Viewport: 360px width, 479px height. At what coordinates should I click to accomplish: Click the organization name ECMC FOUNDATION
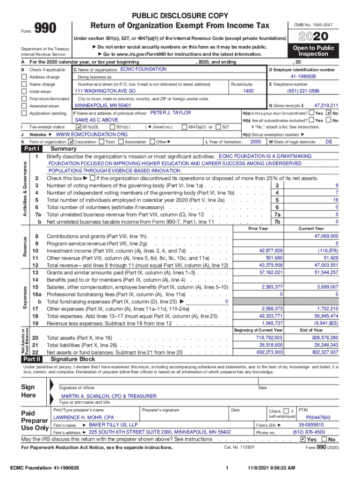pyautogui.click(x=144, y=69)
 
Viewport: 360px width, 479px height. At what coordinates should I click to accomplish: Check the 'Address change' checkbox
pyautogui.click(x=24, y=77)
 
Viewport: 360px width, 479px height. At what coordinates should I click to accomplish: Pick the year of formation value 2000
pyautogui.click(x=256, y=142)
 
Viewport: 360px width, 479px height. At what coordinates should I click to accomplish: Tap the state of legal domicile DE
pyautogui.click(x=328, y=142)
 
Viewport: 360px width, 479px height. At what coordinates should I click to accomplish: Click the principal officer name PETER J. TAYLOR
pyautogui.click(x=171, y=113)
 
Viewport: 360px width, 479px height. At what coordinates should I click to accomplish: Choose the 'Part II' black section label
pyautogui.click(x=32, y=359)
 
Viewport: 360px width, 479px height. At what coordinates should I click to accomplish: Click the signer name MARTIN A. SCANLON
pyautogui.click(x=109, y=396)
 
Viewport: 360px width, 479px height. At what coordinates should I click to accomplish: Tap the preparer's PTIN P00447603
pyautogui.click(x=318, y=417)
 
